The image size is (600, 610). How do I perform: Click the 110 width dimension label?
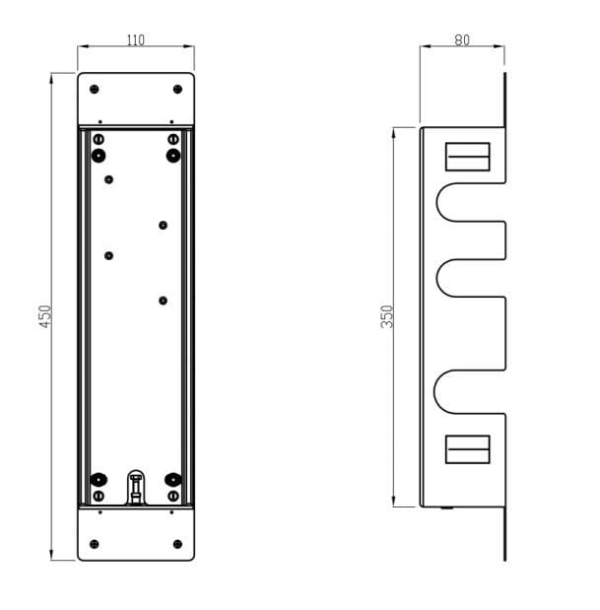(x=136, y=40)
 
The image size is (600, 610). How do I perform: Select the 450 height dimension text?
(x=45, y=315)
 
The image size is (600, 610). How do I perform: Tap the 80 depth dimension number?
(x=462, y=40)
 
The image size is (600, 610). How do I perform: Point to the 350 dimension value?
(x=387, y=315)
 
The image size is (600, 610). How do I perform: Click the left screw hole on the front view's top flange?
(x=95, y=90)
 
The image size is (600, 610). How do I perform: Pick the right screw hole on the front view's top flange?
(x=177, y=90)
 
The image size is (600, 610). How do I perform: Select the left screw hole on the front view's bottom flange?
(x=95, y=544)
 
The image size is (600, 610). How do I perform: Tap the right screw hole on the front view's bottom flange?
(x=177, y=544)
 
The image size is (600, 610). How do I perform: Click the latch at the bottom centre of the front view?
(x=136, y=488)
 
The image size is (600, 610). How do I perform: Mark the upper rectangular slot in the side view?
(x=468, y=157)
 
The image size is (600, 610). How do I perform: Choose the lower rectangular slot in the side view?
(x=468, y=448)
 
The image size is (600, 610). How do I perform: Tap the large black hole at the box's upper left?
(x=99, y=156)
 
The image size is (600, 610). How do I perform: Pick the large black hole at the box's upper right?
(x=173, y=156)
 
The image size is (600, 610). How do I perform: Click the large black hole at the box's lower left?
(x=99, y=480)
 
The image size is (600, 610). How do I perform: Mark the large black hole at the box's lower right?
(x=173, y=480)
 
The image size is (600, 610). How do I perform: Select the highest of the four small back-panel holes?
(x=109, y=179)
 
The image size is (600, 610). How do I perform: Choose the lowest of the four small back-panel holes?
(x=164, y=301)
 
